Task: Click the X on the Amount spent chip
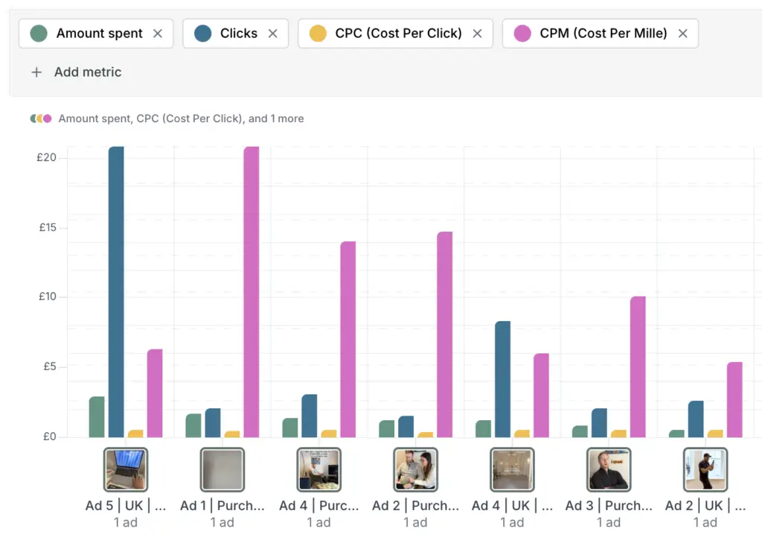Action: (157, 34)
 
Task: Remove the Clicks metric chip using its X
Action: (272, 34)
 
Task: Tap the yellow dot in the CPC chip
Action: (318, 34)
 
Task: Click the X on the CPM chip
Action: (682, 34)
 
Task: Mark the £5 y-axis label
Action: (48, 366)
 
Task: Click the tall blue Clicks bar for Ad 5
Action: (116, 290)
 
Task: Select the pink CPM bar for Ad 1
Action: (252, 290)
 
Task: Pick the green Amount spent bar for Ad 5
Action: (97, 417)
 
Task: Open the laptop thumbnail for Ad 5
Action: (126, 469)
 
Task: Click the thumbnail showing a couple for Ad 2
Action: (415, 469)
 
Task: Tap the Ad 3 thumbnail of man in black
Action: (608, 469)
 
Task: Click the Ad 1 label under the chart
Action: (222, 506)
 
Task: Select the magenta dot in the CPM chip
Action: (522, 34)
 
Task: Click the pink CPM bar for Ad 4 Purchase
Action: (348, 339)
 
